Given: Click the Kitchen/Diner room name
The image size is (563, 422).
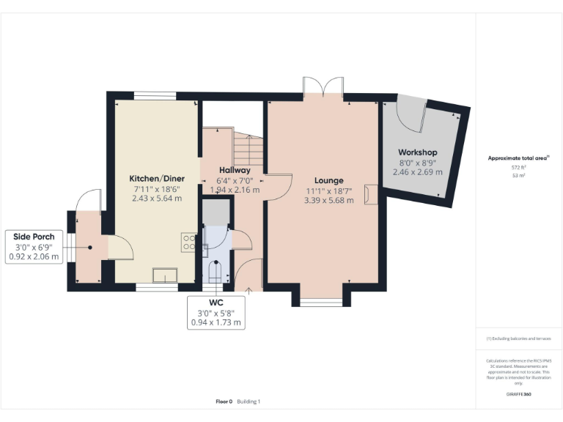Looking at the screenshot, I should click(156, 179).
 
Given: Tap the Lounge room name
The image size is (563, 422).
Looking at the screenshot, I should click(329, 181).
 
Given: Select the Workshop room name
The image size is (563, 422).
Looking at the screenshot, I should click(414, 152).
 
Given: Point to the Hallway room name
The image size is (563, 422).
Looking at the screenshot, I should click(235, 170).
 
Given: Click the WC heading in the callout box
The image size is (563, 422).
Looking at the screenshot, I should click(216, 302).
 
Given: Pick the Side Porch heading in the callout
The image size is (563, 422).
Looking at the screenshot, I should click(33, 237).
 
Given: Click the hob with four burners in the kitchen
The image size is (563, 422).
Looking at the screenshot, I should click(190, 243).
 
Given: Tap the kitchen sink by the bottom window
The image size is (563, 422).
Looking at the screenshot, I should click(164, 275).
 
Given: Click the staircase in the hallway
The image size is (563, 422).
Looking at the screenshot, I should click(249, 149).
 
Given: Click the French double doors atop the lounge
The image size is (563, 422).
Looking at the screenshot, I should click(323, 87).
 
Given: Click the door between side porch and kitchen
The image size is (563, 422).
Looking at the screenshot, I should click(120, 248).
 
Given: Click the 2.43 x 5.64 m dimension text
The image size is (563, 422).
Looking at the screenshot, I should click(156, 198).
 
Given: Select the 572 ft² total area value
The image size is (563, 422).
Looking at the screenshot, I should click(518, 167).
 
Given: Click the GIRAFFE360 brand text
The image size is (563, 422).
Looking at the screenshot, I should click(518, 394).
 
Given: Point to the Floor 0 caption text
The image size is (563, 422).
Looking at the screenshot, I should click(224, 401).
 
